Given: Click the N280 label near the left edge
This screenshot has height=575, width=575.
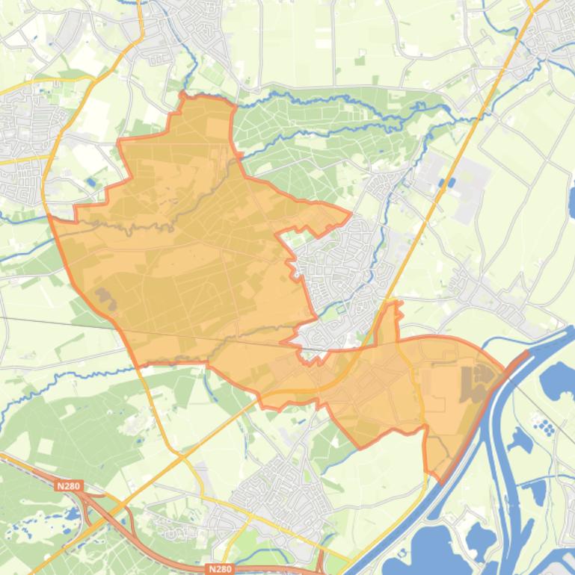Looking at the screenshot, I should pyautogui.click(x=68, y=486).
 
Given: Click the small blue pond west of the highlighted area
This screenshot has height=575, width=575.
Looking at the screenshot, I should pyautogui.click(x=90, y=181).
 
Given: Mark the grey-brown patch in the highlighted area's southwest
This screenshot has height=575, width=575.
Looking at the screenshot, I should pyautogui.click(x=105, y=299).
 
